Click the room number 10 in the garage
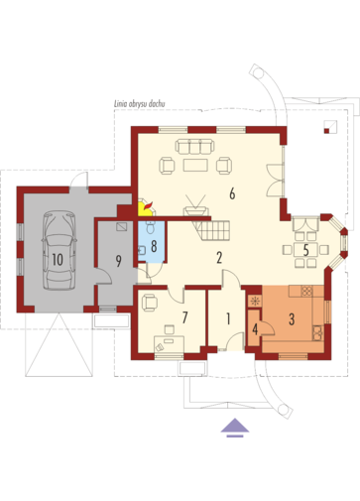click(58, 260)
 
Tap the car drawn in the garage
click(60, 251)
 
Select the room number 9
click(119, 261)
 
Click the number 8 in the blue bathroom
click(154, 246)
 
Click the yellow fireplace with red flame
click(146, 207)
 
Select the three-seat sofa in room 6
click(194, 147)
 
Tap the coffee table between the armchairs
click(195, 165)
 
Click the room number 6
click(232, 193)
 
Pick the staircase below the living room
click(212, 230)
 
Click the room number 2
click(219, 258)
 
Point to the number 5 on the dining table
click(306, 250)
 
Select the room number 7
click(184, 317)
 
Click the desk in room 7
click(169, 344)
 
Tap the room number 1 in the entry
click(228, 318)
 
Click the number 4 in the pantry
click(255, 329)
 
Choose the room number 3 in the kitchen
click(292, 319)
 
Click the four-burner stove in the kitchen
click(306, 291)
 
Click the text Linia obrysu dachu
click(140, 103)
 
